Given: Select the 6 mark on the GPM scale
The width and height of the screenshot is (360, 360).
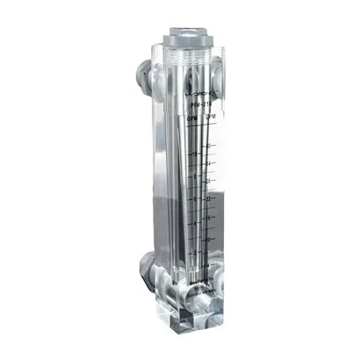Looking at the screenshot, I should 195,201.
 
